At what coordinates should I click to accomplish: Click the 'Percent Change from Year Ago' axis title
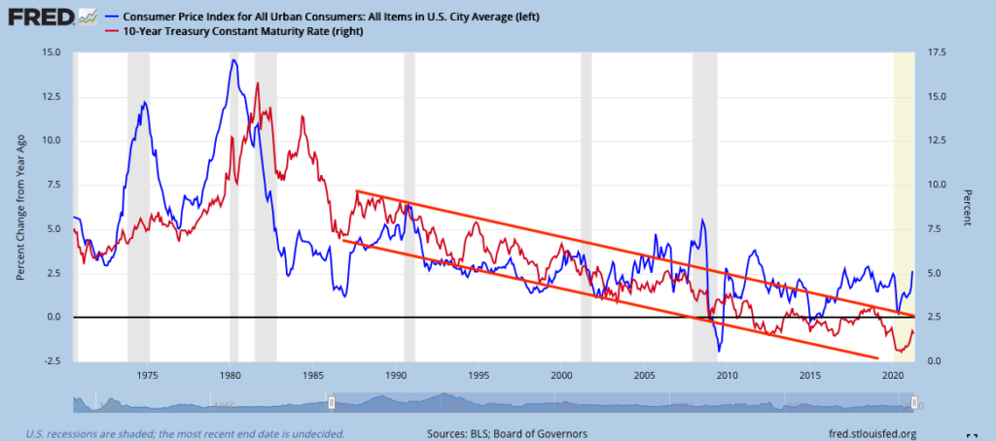[x=20, y=207]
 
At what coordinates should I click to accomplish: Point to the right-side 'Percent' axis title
[x=968, y=207]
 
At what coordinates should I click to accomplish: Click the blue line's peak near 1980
[x=233, y=60]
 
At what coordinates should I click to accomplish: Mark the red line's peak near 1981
[x=258, y=84]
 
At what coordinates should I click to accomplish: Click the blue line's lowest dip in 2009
[x=718, y=351]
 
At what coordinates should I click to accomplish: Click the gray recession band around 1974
[x=138, y=194]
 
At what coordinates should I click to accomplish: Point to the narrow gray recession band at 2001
[x=586, y=194]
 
